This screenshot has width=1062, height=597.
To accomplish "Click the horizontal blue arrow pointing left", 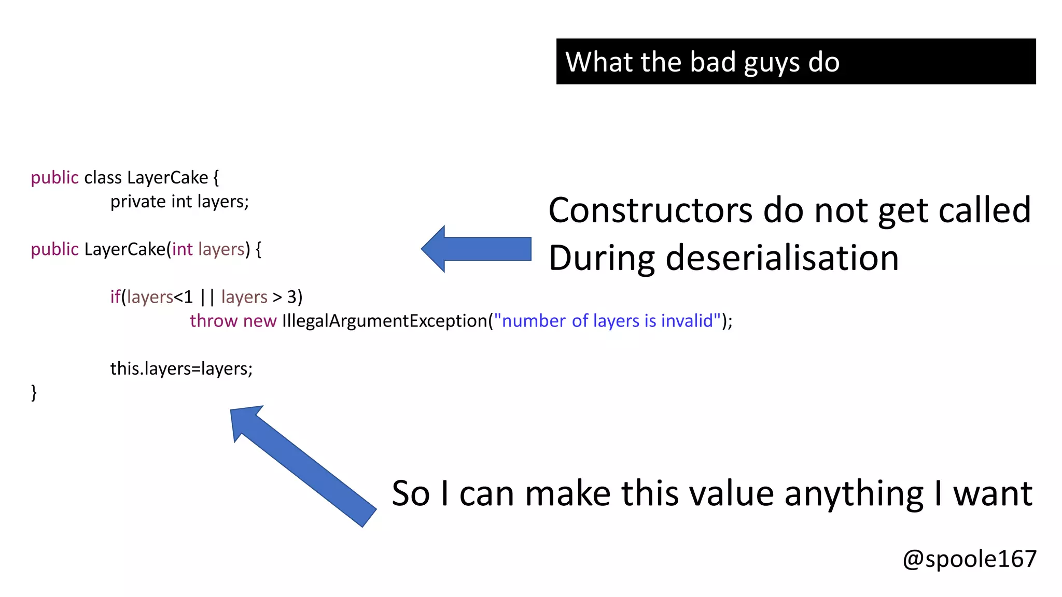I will (x=476, y=249).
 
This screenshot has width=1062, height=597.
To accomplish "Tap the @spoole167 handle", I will (x=969, y=559).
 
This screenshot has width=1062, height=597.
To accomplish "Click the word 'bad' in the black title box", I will (x=713, y=62).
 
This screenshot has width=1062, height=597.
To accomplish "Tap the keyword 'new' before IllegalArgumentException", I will (x=259, y=321).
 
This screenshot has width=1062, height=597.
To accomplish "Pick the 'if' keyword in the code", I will (x=115, y=297).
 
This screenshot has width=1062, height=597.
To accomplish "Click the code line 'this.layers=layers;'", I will (x=181, y=368).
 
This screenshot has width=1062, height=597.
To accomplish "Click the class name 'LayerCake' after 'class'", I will (x=167, y=178).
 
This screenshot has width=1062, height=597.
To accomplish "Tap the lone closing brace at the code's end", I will (x=34, y=392).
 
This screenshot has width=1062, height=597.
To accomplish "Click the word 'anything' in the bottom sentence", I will (x=854, y=493).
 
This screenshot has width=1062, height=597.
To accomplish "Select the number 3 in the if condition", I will (x=292, y=297).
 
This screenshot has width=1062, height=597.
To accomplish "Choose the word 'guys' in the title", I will (x=772, y=62).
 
